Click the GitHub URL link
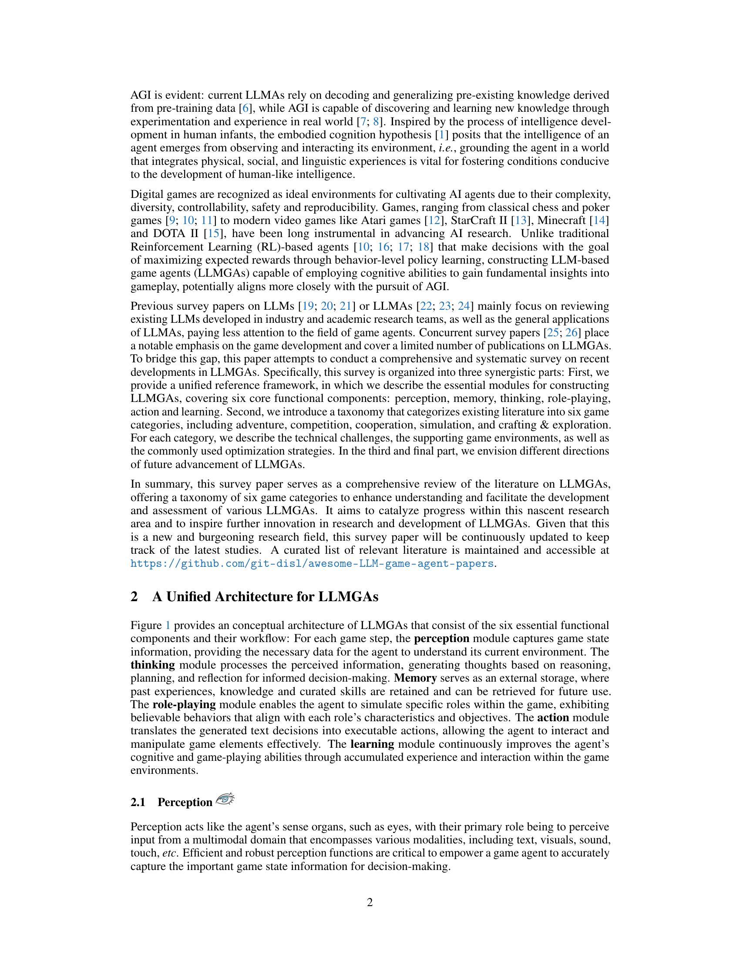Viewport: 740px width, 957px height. click(312, 563)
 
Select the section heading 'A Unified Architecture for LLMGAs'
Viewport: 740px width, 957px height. click(265, 597)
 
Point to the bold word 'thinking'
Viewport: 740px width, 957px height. click(152, 665)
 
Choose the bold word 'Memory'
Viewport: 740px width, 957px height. click(415, 678)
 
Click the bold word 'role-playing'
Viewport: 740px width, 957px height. click(184, 705)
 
